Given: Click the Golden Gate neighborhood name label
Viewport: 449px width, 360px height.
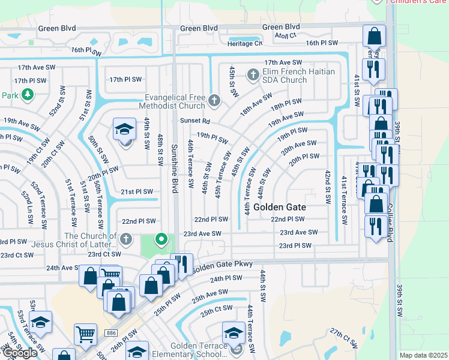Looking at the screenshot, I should pos(280,207).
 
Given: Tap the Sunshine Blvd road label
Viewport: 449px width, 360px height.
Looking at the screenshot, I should pos(175,168).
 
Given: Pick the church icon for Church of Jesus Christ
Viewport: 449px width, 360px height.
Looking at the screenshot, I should pos(125,240).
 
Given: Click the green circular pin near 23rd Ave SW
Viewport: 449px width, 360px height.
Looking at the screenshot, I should pos(161,240).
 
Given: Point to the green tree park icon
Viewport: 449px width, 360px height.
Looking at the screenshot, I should pos(26,95).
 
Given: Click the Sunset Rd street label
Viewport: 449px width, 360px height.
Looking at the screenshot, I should pos(193,121).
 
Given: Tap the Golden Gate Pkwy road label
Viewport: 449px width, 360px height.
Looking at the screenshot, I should pos(223,265).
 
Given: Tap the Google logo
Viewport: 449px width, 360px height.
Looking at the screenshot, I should pos(20,353).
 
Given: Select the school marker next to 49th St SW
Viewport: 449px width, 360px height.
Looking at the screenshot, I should pos(125,130).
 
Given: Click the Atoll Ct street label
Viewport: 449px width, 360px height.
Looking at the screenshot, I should pos(286,36).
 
